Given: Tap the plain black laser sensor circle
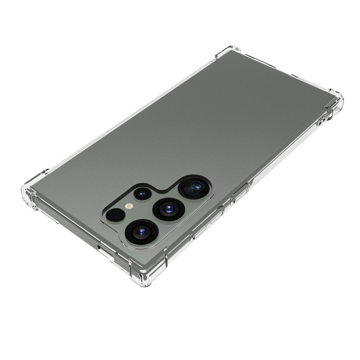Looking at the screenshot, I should (115, 215).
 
